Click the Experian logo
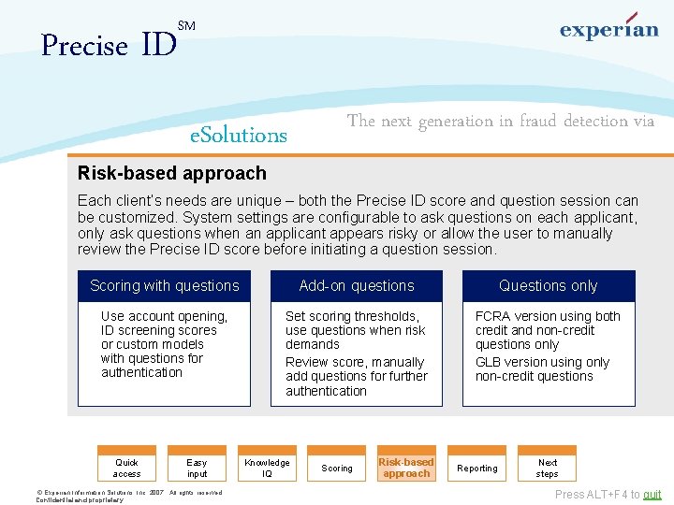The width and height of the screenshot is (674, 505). point(608,28)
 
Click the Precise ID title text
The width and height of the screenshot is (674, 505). point(109,45)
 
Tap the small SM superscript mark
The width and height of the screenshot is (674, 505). point(186,26)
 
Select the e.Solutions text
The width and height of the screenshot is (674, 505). point(239,136)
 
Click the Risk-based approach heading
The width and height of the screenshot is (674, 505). point(172,173)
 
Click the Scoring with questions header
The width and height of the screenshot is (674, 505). point(165,286)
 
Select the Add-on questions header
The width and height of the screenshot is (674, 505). point(357,286)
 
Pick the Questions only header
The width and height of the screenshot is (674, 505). point(548,286)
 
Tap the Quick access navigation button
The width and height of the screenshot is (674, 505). point(127,468)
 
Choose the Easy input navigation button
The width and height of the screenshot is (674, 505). point(197,468)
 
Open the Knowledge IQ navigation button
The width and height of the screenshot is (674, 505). point(267,468)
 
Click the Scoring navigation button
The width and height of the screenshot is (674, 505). point(337,469)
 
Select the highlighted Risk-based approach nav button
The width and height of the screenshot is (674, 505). point(406,468)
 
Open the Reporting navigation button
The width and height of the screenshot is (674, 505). point(477,469)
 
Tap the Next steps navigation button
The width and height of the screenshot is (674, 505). point(548,468)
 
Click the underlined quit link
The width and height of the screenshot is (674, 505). point(652,495)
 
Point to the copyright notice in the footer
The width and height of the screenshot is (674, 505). point(128,496)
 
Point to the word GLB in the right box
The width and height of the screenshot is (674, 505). point(490,363)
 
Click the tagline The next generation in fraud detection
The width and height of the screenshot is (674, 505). point(501,121)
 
